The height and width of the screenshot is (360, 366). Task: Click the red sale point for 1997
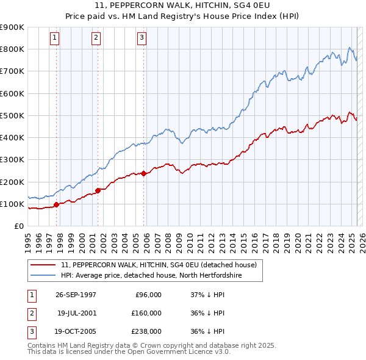pyautogui.click(x=57, y=205)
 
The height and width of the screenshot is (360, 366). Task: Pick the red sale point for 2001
pyautogui.click(x=98, y=190)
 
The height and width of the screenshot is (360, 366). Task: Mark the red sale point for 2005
pyautogui.click(x=143, y=173)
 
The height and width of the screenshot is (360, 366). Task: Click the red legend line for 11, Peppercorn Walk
pyautogui.click(x=43, y=265)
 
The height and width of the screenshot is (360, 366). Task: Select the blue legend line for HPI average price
pyautogui.click(x=43, y=275)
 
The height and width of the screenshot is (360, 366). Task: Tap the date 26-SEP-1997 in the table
pyautogui.click(x=76, y=295)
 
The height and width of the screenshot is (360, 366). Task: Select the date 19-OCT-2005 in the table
pyautogui.click(x=76, y=331)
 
